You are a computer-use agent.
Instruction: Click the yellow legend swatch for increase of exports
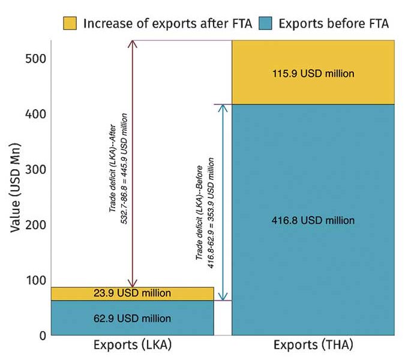[x=71, y=23]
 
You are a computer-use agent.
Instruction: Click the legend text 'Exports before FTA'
[x=333, y=23]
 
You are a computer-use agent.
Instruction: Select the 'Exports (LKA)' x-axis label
[x=131, y=346]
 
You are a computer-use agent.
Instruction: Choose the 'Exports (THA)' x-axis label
[x=313, y=346]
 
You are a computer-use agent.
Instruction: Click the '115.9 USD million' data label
[x=313, y=74]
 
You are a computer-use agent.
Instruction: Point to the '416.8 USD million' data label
[x=313, y=220]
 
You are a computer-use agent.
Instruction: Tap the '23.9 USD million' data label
[x=132, y=293]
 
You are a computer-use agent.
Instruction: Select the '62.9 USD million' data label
[x=132, y=318]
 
